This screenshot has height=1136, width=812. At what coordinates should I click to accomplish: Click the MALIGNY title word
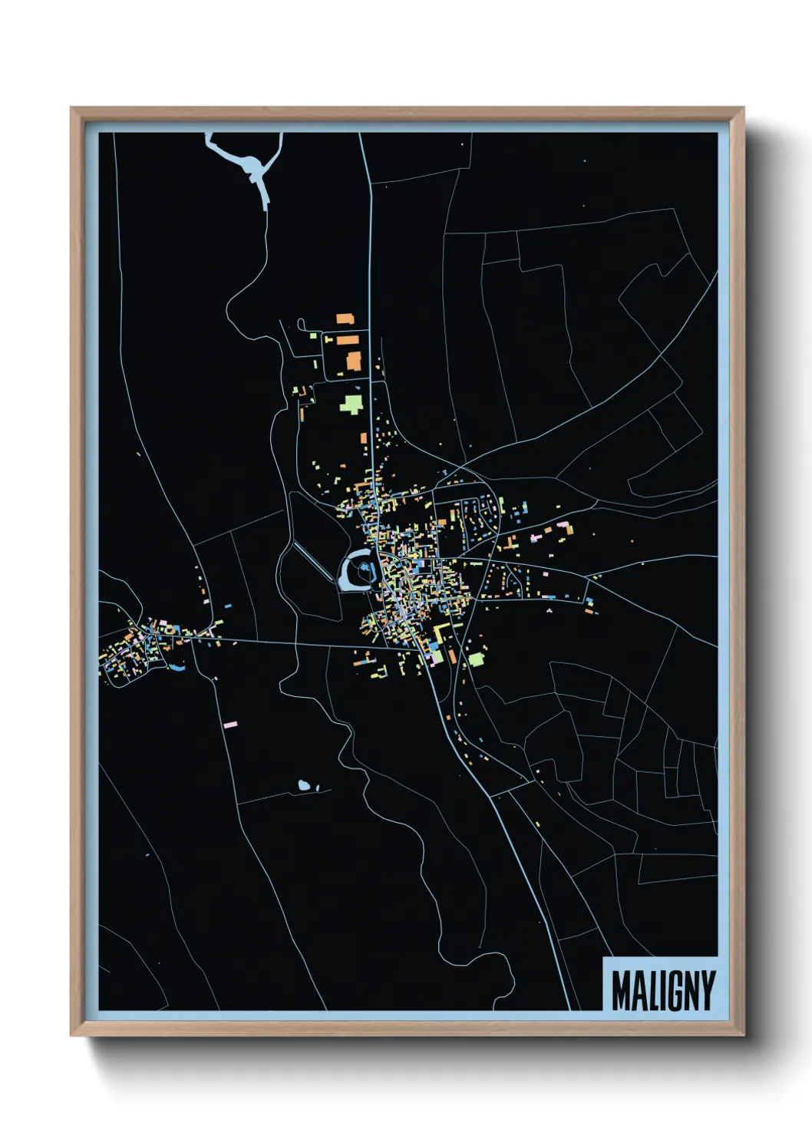tap(663, 990)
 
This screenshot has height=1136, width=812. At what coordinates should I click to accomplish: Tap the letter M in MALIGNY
tap(622, 990)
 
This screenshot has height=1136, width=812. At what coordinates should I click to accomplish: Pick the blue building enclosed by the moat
tap(368, 569)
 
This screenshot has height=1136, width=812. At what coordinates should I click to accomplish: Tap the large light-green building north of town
tap(352, 404)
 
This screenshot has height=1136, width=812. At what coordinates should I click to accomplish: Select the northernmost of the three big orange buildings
tap(345, 318)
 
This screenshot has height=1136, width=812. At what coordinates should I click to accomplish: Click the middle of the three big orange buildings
tap(348, 339)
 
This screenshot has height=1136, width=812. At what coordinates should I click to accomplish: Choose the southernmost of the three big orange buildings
tap(354, 361)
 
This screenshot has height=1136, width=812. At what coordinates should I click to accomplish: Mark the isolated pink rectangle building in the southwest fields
tap(230, 723)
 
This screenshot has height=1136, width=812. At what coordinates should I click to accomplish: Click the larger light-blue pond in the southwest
tap(304, 784)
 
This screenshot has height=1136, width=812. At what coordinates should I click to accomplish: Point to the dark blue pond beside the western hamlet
tap(177, 666)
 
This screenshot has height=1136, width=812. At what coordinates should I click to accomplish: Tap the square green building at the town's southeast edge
tap(477, 659)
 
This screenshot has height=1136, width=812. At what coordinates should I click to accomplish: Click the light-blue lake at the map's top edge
tap(249, 163)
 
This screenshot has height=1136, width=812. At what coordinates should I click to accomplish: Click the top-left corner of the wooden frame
tap(72, 109)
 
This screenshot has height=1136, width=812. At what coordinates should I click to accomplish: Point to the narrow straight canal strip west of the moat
tap(311, 563)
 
